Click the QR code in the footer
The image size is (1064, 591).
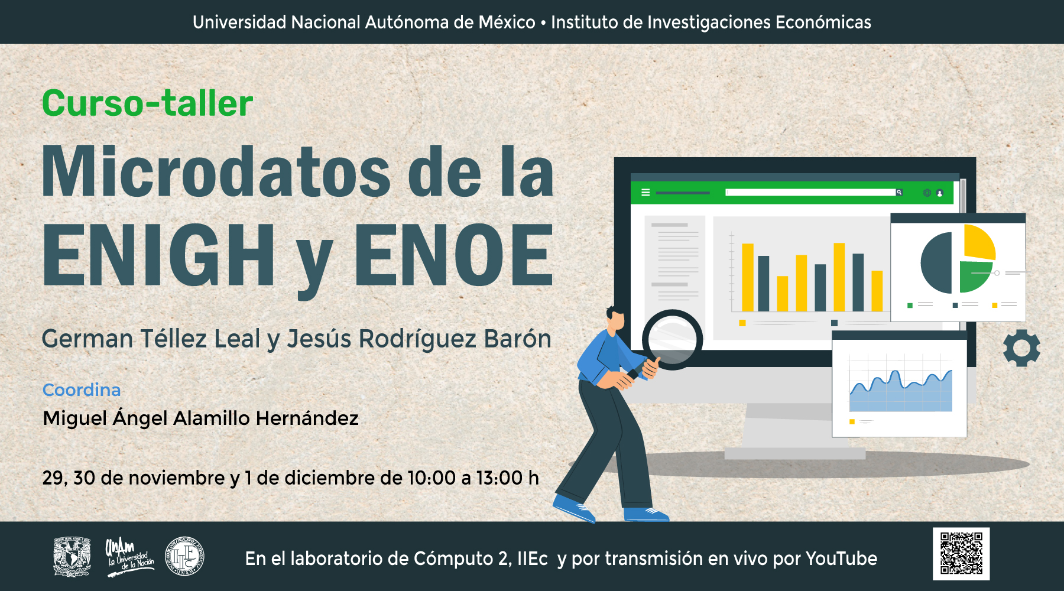pos(961,554)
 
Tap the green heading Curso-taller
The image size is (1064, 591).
pos(148,103)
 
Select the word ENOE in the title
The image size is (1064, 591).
pos(453,255)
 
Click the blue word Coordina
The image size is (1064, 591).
pos(82,390)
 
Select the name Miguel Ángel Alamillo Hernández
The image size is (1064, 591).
pos(200,418)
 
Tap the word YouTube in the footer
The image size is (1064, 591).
pos(841,558)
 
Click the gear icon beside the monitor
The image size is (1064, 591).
pos(1021,348)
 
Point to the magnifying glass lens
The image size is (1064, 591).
pos(673,340)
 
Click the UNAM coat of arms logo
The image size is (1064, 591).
pos(72,556)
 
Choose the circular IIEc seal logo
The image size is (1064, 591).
pos(184,556)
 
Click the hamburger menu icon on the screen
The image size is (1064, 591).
pos(645,193)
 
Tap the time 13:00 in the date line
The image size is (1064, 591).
pos(499,478)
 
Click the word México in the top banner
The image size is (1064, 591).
pos(507,22)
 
